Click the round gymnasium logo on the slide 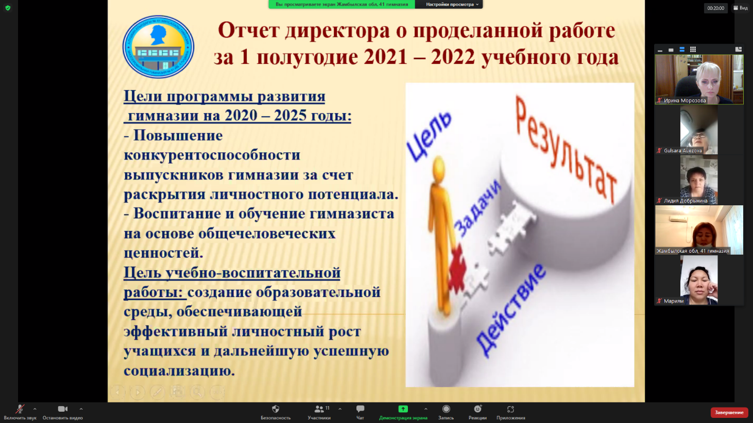tap(158, 47)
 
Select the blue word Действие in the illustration tap(510, 310)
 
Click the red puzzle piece tap(457, 269)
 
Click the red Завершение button tap(729, 412)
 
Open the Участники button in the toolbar tap(319, 412)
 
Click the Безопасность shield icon tap(276, 409)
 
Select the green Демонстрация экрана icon tap(403, 409)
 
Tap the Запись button tap(446, 412)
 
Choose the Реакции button tap(477, 412)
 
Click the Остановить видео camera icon tap(62, 409)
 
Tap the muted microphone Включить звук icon tap(20, 409)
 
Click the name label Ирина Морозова tap(685, 100)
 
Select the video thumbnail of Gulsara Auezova tap(699, 130)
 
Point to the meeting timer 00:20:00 tap(716, 8)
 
